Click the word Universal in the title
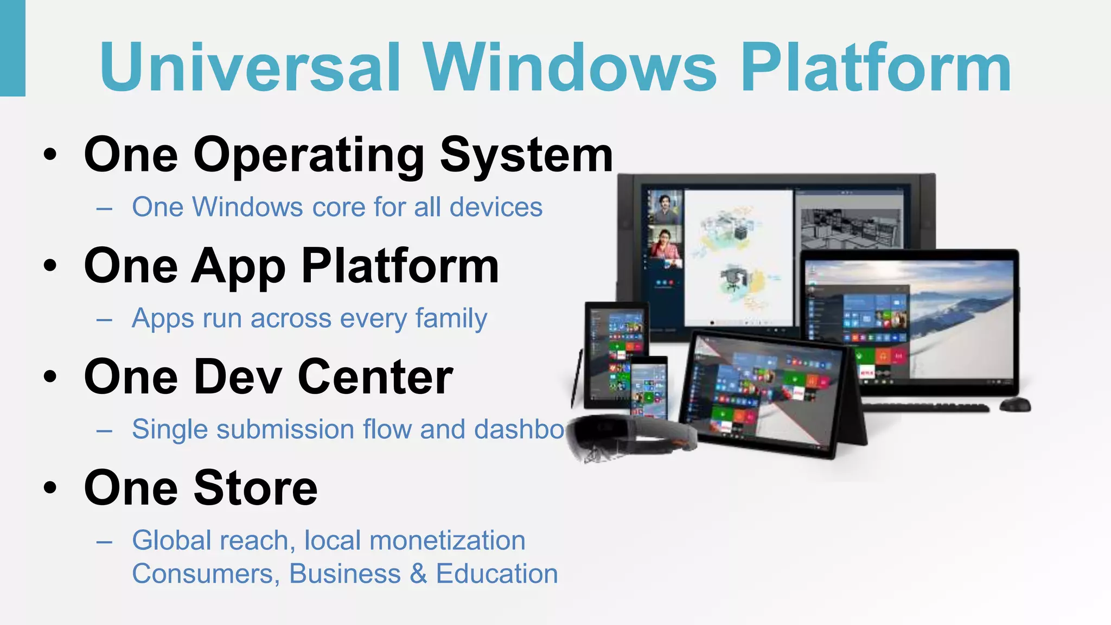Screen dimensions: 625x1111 point(250,68)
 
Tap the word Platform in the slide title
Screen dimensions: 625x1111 point(876,68)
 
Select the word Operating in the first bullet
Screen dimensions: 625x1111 point(309,156)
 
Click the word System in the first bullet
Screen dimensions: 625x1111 point(526,156)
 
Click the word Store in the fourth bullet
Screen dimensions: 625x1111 point(256,488)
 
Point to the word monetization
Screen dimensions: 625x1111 point(447,541)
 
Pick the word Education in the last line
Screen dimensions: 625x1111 point(497,574)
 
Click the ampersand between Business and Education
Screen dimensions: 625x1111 point(418,574)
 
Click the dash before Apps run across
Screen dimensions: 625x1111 point(104,320)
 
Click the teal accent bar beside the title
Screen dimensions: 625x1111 point(12,48)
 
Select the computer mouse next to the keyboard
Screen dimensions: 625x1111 point(1015,405)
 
